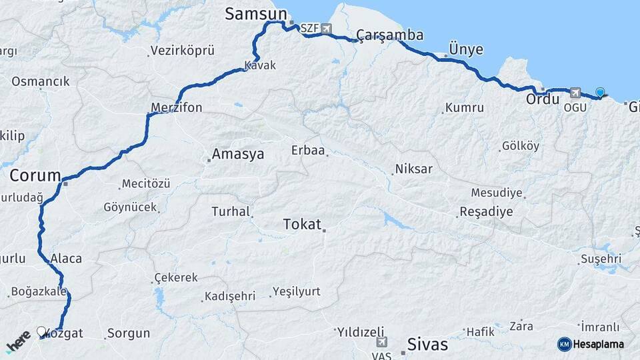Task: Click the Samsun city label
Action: tap(256, 14)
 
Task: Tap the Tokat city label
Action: tap(302, 224)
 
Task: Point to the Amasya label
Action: tap(237, 154)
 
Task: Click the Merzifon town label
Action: tap(176, 107)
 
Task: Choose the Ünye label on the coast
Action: tap(466, 49)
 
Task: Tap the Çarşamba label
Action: tap(390, 35)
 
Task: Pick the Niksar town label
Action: tap(413, 169)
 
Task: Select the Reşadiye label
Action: tap(486, 212)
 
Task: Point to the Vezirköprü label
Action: tap(182, 51)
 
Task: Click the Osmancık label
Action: tap(40, 81)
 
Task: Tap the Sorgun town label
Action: tap(129, 333)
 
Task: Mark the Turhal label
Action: tap(229, 212)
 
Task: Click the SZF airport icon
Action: tap(325, 28)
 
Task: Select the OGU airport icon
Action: tap(575, 93)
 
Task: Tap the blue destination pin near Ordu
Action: tap(600, 93)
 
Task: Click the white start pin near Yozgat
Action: tap(41, 331)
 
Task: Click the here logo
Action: tap(18, 341)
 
